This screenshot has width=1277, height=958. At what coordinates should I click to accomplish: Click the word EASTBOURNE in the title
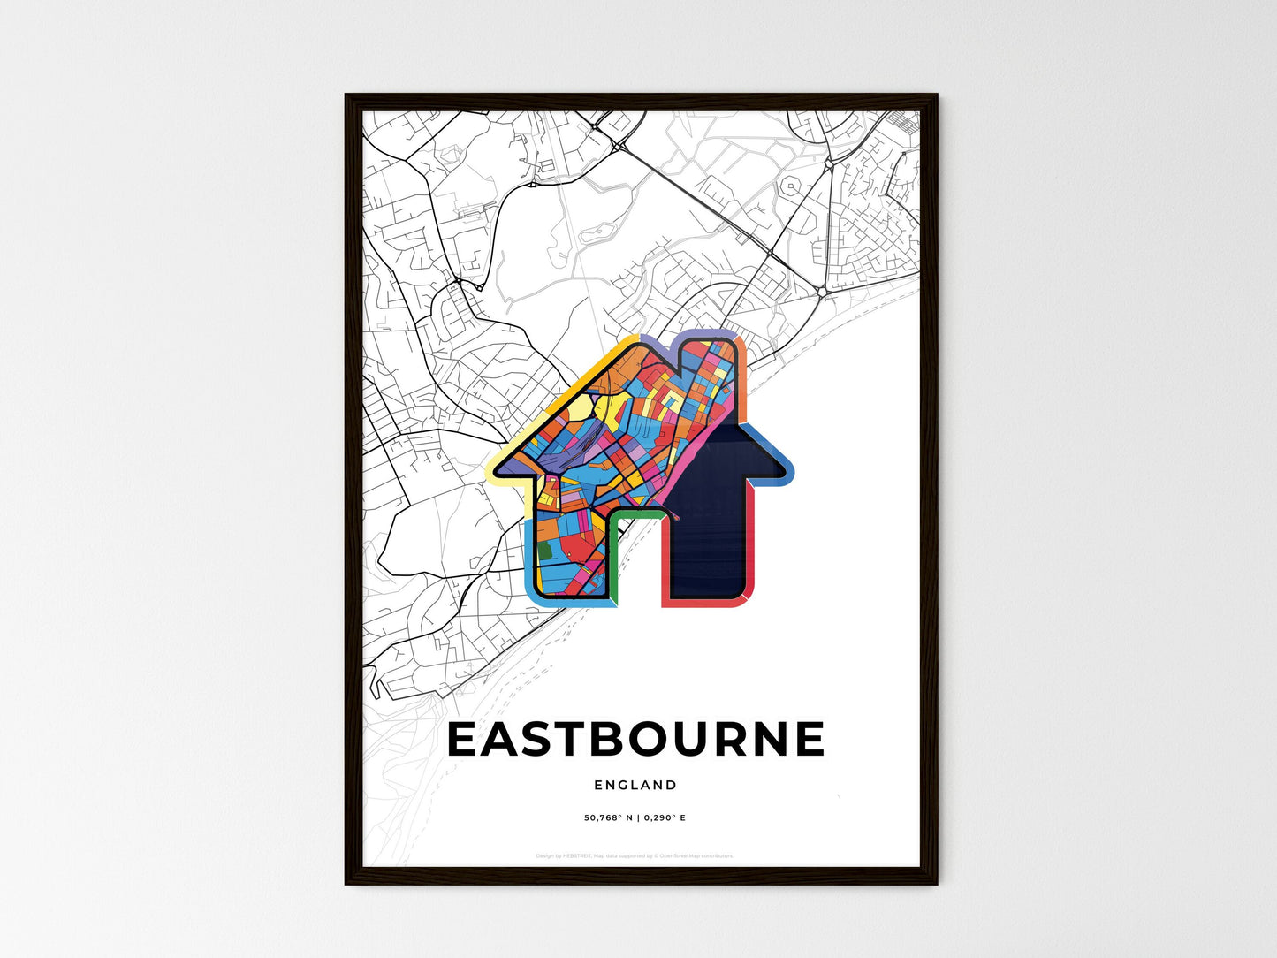tap(636, 740)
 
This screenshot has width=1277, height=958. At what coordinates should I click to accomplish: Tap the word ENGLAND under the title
tap(635, 785)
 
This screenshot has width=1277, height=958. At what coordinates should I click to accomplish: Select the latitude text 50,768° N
tap(609, 817)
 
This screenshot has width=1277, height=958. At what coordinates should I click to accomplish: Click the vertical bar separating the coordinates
tap(638, 817)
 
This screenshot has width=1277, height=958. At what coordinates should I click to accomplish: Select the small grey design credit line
tap(635, 855)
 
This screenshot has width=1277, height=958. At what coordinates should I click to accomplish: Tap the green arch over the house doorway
tap(635, 512)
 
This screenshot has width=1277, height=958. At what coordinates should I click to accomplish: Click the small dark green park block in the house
tap(544, 551)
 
